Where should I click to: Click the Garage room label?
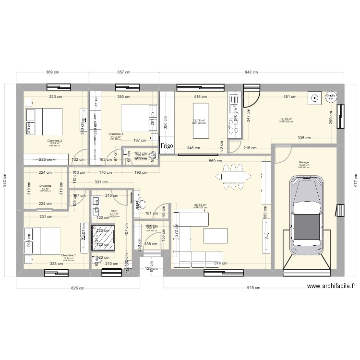point(303,162)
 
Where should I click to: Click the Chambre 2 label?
point(55,140)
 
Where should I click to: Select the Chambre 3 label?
point(116,133)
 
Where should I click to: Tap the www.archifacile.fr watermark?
point(331,287)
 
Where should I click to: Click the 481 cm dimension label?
point(289,97)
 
